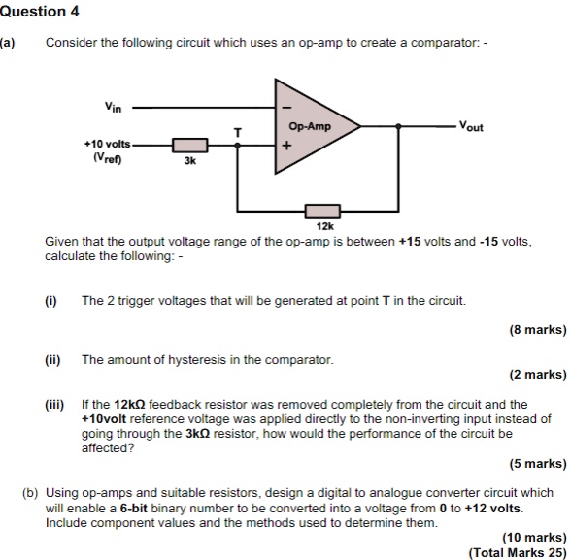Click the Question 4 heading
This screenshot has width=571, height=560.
[x=40, y=12]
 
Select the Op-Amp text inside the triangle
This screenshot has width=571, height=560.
[x=310, y=127]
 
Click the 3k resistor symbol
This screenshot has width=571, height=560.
[x=188, y=147]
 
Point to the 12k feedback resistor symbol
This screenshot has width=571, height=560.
[x=322, y=210]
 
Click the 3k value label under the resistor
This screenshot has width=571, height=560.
[x=189, y=163]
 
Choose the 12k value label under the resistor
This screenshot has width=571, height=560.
[x=324, y=225]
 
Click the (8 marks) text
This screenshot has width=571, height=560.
[x=537, y=330]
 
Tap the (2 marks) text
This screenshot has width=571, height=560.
[x=537, y=375]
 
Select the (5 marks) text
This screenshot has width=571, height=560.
[x=537, y=463]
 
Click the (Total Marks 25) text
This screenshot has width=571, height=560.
[x=517, y=551]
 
